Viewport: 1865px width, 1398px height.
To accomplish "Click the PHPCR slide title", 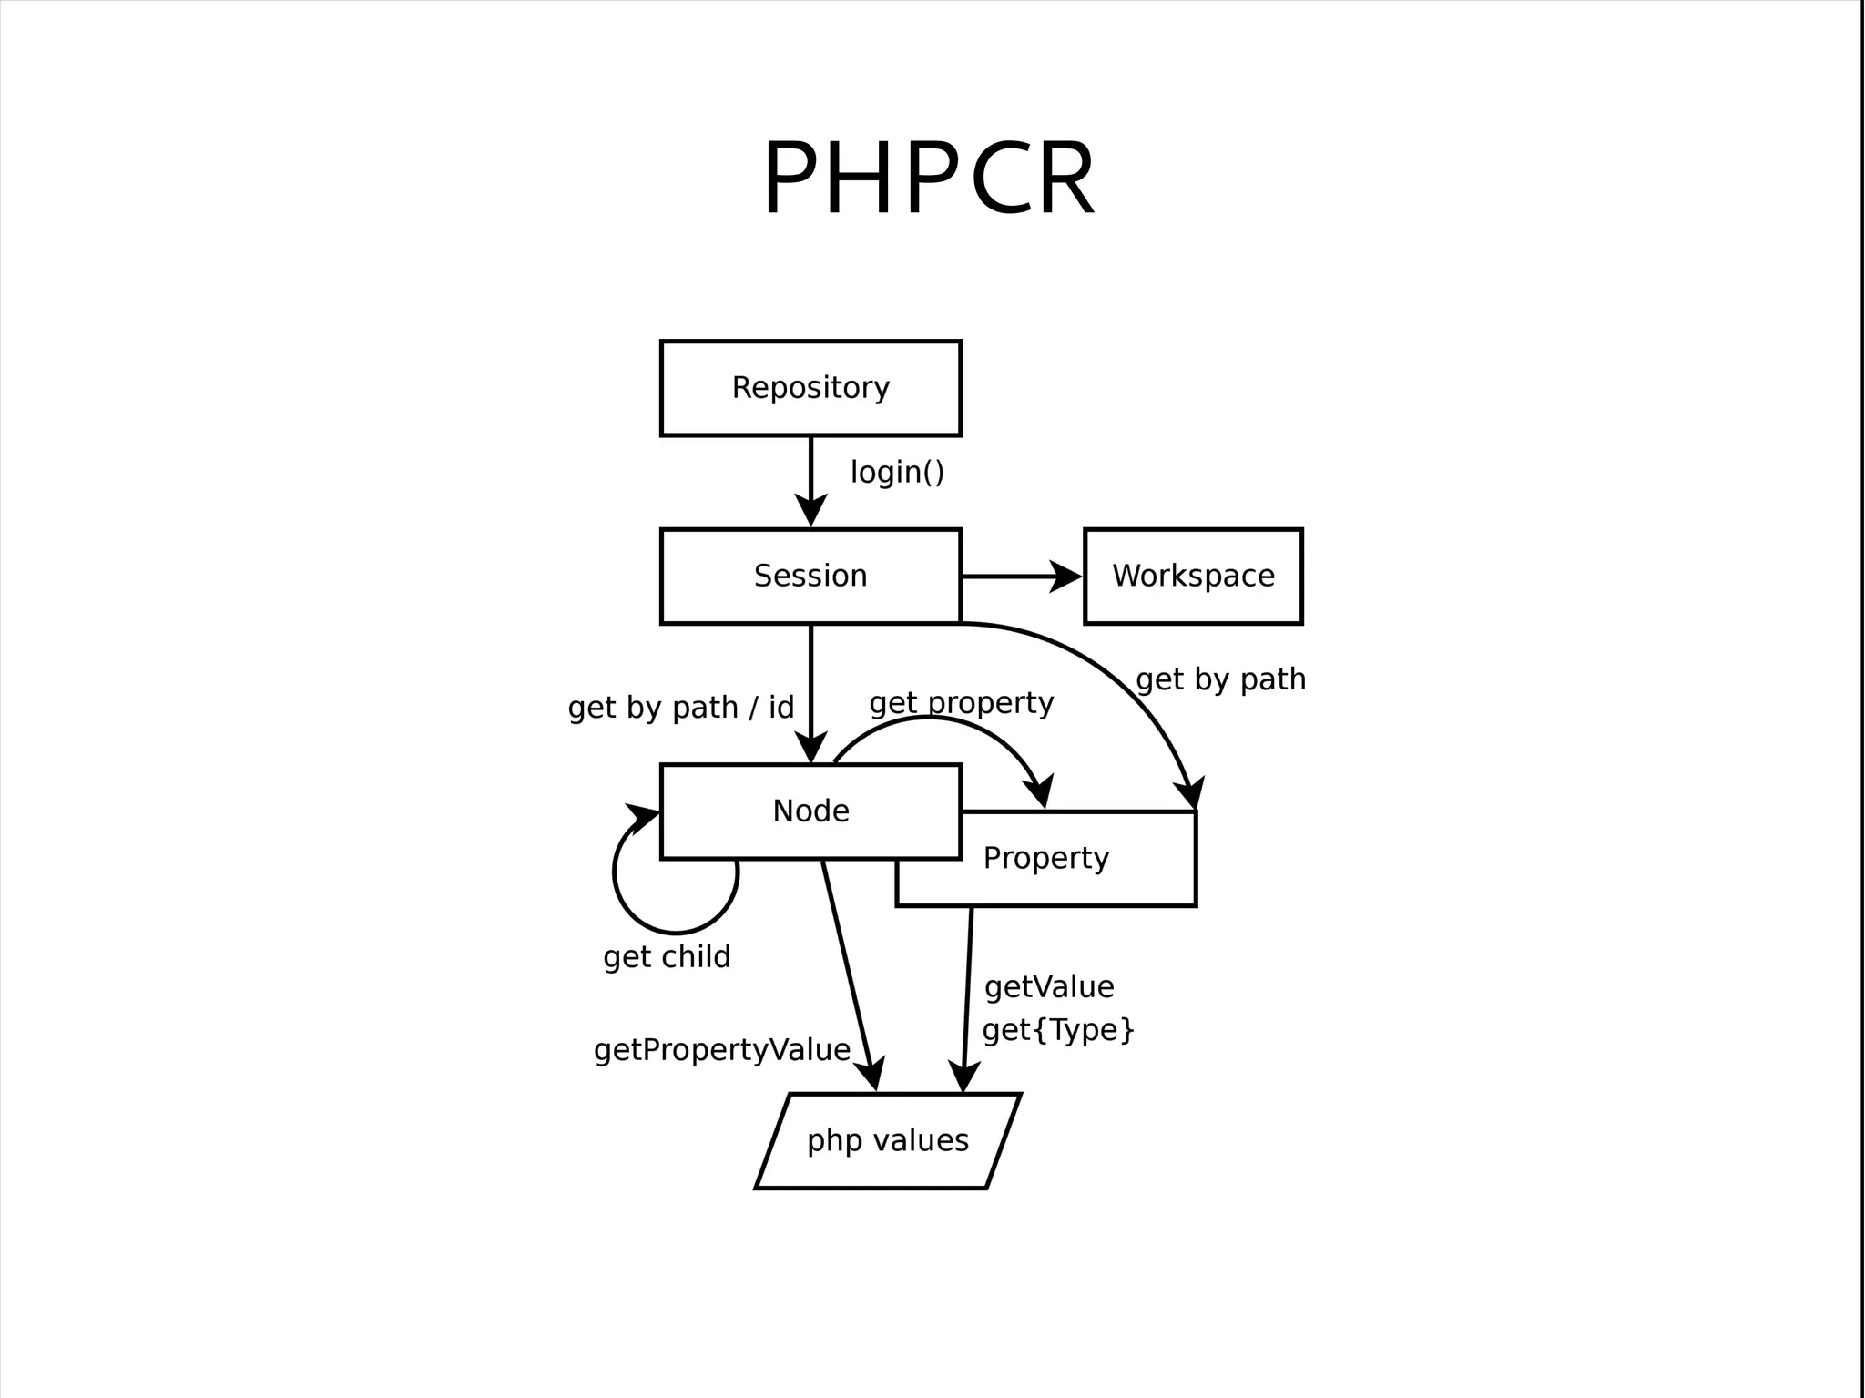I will tap(929, 179).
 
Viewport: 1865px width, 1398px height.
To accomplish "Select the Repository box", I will tap(810, 388).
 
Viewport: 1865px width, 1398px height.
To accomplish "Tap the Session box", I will tap(810, 576).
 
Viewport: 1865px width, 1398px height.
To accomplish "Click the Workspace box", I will tap(1193, 576).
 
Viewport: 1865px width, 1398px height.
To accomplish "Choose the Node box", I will tap(810, 811).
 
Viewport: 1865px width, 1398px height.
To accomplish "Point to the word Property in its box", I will tap(1045, 858).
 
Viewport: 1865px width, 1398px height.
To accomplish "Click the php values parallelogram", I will tap(888, 1140).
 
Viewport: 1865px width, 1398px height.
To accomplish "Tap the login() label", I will tap(897, 472).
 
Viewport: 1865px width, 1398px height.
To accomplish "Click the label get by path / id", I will tap(680, 707).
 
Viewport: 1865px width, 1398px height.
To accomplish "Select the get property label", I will tap(961, 702).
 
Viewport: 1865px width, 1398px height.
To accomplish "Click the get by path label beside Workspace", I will tap(1220, 679).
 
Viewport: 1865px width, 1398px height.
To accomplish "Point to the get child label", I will tap(667, 956).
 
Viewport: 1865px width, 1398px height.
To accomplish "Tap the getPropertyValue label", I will tap(721, 1050).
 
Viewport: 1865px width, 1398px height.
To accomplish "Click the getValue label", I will tap(1049, 986).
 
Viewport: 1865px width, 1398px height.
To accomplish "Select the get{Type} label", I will tap(1058, 1030).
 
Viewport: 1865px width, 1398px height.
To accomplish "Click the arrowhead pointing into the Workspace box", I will tap(1065, 577).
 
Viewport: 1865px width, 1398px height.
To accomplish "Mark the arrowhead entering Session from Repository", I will tap(810, 510).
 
